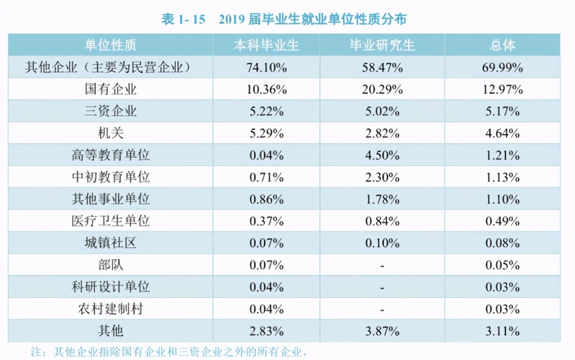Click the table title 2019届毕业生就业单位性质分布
tap(284, 19)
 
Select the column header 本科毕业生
tap(266, 45)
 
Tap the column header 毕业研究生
tap(382, 45)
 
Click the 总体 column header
tap(502, 45)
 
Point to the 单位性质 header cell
tap(111, 45)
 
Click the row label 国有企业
tap(111, 89)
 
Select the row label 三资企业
tap(111, 111)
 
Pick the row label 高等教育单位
tap(111, 155)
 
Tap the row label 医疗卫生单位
tap(111, 221)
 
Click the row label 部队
tap(111, 265)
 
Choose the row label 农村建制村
tap(111, 309)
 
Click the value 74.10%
tap(266, 67)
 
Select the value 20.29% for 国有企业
tap(382, 89)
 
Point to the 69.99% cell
tap(502, 67)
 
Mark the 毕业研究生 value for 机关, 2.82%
tap(382, 133)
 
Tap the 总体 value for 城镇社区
tap(502, 243)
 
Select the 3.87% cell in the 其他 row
tap(382, 331)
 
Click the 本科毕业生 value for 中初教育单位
tap(266, 177)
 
